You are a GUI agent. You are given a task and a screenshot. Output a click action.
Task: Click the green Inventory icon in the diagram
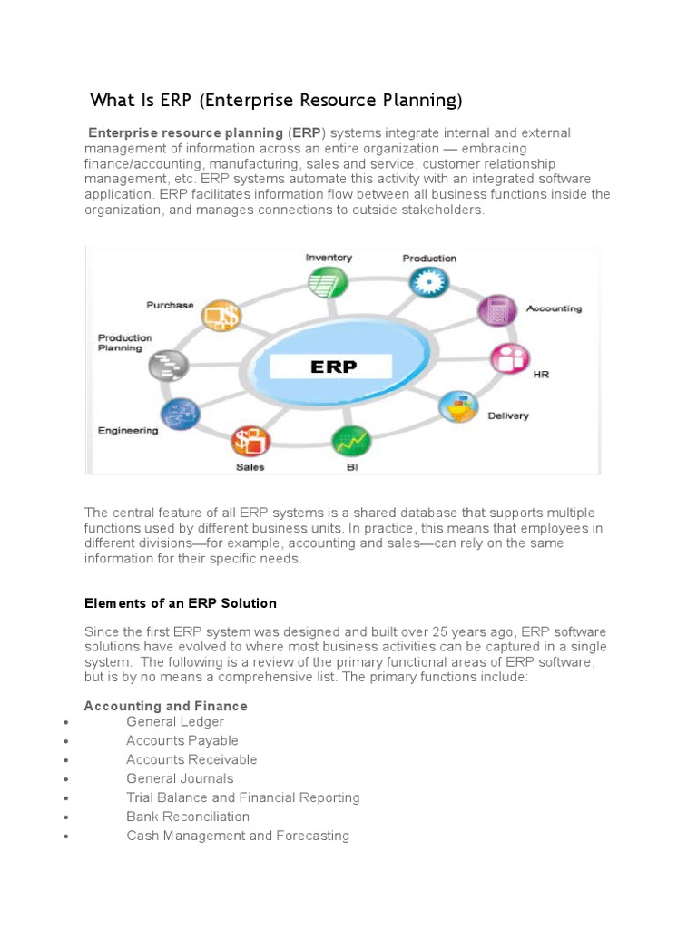pyautogui.click(x=325, y=283)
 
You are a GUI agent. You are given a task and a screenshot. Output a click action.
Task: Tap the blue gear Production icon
pyautogui.click(x=426, y=283)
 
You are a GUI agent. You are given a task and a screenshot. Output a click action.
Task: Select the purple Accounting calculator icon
pyautogui.click(x=496, y=311)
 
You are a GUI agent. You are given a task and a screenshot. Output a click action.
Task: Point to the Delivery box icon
pyautogui.click(x=459, y=407)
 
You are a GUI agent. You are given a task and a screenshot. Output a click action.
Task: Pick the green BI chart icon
pyautogui.click(x=350, y=442)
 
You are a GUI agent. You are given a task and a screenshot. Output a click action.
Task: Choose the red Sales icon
pyautogui.click(x=250, y=442)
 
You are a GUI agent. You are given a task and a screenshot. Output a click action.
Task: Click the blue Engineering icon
pyautogui.click(x=179, y=415)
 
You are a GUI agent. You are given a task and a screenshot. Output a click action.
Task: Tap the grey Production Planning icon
pyautogui.click(x=170, y=366)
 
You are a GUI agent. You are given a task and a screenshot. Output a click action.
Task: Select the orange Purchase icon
pyautogui.click(x=220, y=316)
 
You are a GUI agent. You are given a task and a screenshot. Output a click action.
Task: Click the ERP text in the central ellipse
pyautogui.click(x=334, y=367)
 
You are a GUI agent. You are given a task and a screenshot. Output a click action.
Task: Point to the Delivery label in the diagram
pyautogui.click(x=507, y=416)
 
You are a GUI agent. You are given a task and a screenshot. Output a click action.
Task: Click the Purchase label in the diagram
pyautogui.click(x=170, y=305)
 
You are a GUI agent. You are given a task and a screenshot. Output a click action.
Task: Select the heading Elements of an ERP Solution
pyautogui.click(x=180, y=603)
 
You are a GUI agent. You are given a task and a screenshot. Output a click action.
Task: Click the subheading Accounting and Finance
pyautogui.click(x=165, y=706)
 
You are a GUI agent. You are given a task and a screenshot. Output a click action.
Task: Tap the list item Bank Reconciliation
pyautogui.click(x=188, y=817)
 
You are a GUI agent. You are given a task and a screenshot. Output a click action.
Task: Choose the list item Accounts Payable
pyautogui.click(x=182, y=740)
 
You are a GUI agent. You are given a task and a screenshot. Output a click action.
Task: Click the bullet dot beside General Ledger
pyautogui.click(x=67, y=722)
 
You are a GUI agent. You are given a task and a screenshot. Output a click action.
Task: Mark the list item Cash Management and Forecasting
pyautogui.click(x=238, y=836)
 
